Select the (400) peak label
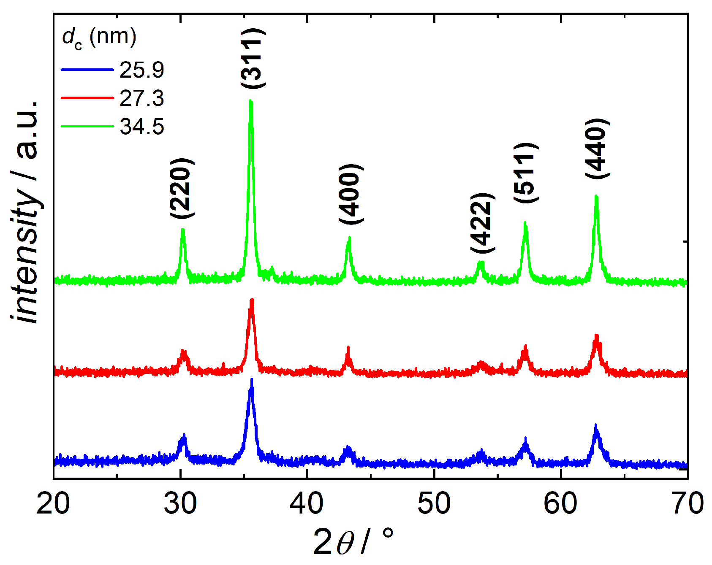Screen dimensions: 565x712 click(x=351, y=194)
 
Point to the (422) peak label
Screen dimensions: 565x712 click(x=482, y=222)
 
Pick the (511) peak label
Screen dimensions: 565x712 click(x=526, y=173)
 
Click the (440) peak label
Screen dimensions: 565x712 click(x=598, y=149)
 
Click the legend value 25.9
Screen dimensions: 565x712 click(x=142, y=70)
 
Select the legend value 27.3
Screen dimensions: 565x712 click(x=142, y=98)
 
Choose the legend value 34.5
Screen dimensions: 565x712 click(x=142, y=127)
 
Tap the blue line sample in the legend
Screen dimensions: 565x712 click(x=87, y=70)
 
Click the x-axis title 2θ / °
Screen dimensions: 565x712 click(x=354, y=543)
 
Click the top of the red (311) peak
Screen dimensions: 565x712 click(x=252, y=299)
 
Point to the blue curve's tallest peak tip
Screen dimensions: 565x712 click(x=252, y=379)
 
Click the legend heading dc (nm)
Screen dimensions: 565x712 click(x=100, y=38)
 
